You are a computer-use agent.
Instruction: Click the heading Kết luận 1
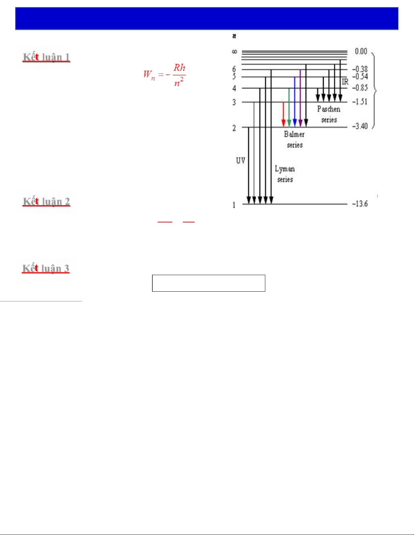click(46, 57)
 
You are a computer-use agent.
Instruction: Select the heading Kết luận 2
click(46, 202)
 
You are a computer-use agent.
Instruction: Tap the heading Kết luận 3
click(46, 268)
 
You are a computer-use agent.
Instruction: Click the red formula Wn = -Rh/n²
click(164, 75)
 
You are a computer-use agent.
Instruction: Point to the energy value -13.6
click(360, 204)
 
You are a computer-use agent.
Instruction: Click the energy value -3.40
click(360, 126)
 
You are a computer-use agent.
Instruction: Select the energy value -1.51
click(360, 102)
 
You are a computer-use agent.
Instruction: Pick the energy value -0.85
click(360, 88)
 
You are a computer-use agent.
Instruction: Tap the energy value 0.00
click(361, 51)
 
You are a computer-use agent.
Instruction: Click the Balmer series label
click(294, 140)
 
